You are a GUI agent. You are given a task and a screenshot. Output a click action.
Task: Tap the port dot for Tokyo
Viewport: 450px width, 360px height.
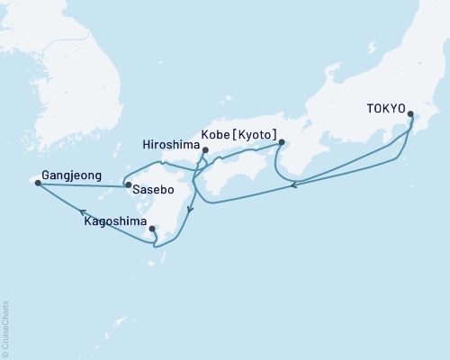pos(411,114)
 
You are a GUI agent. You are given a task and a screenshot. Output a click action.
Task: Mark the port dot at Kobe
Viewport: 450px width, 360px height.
pos(282,141)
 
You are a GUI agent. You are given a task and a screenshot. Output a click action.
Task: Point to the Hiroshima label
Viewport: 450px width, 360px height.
pos(171,142)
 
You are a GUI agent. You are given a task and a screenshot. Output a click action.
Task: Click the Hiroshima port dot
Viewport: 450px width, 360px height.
pos(205,151)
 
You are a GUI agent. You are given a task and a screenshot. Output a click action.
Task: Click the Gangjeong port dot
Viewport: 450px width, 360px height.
pos(37,184)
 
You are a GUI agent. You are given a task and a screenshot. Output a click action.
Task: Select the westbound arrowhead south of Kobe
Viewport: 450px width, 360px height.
pos(295,186)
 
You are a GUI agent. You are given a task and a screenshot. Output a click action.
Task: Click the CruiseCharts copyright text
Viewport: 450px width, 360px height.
pos(6,328)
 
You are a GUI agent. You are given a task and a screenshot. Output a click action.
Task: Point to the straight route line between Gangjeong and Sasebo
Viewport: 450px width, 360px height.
pos(81,185)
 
